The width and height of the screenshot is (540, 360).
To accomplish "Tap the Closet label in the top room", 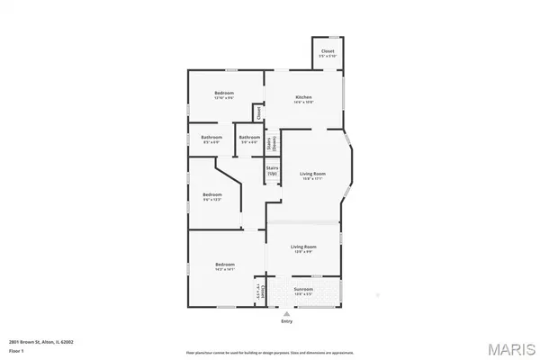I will pos(328,51).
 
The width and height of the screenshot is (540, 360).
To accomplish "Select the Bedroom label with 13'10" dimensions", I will pos(225,94).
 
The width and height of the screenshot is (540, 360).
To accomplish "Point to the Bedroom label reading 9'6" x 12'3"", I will pos(211,195).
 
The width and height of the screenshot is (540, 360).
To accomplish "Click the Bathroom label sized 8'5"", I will pos(211,138).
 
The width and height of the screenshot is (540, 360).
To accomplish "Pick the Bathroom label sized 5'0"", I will pos(248,138).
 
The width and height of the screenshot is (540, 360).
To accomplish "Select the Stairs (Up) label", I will pos(272,169).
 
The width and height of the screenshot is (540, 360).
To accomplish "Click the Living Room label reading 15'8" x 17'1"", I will pos(312,174).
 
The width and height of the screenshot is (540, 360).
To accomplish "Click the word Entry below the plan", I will pos(286,320).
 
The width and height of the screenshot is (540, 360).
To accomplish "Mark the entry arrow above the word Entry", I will pos(286,311).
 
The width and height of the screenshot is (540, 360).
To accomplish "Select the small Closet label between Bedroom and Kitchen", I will pos(258,112).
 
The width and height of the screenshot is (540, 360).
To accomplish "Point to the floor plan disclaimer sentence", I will pos(270,352).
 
